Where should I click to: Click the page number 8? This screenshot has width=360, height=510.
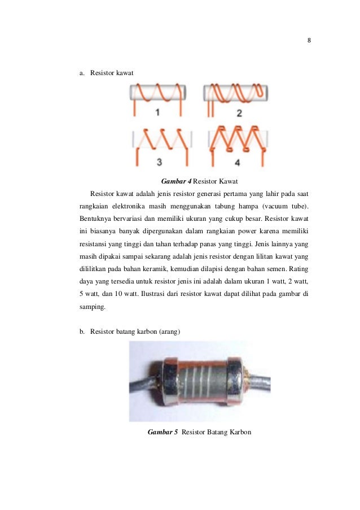click(309, 40)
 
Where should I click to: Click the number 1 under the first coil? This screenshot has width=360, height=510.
click(157, 112)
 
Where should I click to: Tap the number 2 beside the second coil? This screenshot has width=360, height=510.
click(239, 113)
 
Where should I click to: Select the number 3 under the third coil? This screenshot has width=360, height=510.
click(159, 162)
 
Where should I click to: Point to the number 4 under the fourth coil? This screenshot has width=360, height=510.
click(237, 162)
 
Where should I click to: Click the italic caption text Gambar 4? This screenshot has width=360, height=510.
click(176, 181)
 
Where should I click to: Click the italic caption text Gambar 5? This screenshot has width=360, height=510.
click(163, 432)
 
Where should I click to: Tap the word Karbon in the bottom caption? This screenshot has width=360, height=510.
click(240, 432)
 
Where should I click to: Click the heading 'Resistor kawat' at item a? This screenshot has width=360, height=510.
click(112, 73)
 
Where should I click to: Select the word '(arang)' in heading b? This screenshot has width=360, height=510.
click(169, 332)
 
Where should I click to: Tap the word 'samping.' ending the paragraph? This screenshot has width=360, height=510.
click(93, 307)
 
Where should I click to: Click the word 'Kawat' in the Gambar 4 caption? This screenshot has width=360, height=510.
click(229, 181)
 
